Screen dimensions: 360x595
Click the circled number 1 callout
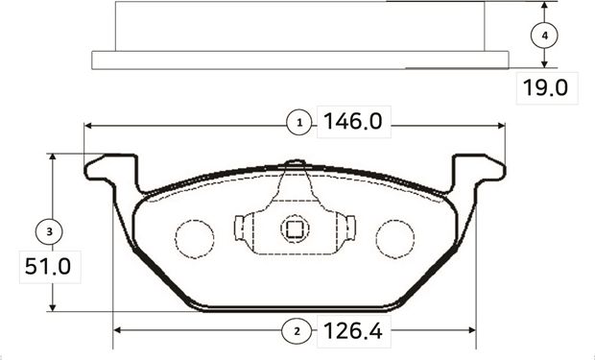[299, 123]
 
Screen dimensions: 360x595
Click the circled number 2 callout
[297, 331]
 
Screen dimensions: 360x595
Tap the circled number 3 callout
[49, 230]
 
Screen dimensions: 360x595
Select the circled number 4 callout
[544, 35]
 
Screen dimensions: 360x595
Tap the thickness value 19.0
[544, 88]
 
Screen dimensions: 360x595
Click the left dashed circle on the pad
[195, 237]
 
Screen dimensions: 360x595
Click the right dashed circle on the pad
[393, 237]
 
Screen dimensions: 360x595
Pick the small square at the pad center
[294, 229]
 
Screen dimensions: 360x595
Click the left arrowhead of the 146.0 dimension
[89, 124]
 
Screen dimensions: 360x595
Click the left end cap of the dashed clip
[239, 229]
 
